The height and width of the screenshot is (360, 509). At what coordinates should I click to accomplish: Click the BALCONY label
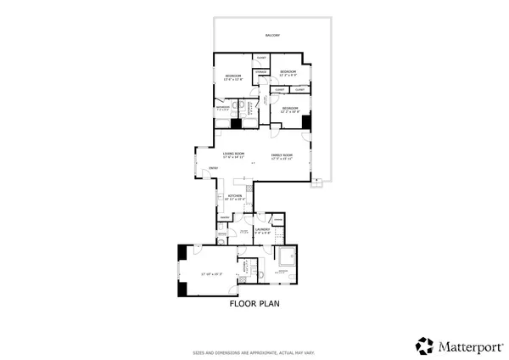coord(273,35)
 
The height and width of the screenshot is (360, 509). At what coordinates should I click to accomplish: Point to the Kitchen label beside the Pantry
coord(235,196)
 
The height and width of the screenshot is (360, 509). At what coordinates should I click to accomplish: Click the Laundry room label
coord(262,228)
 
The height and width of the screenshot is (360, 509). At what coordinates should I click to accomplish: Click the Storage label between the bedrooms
coord(261,72)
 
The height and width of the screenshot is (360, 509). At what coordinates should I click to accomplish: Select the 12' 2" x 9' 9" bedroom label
coord(288,72)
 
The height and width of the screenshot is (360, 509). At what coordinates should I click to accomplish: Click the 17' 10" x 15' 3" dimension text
coord(211,274)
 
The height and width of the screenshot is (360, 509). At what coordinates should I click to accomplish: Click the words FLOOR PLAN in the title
coord(255,302)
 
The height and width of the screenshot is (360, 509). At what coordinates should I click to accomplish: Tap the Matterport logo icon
coord(425,346)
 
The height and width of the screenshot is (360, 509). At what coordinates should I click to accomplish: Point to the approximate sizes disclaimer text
coord(255,351)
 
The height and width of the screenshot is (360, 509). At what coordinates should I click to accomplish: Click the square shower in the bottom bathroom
coord(287,256)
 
